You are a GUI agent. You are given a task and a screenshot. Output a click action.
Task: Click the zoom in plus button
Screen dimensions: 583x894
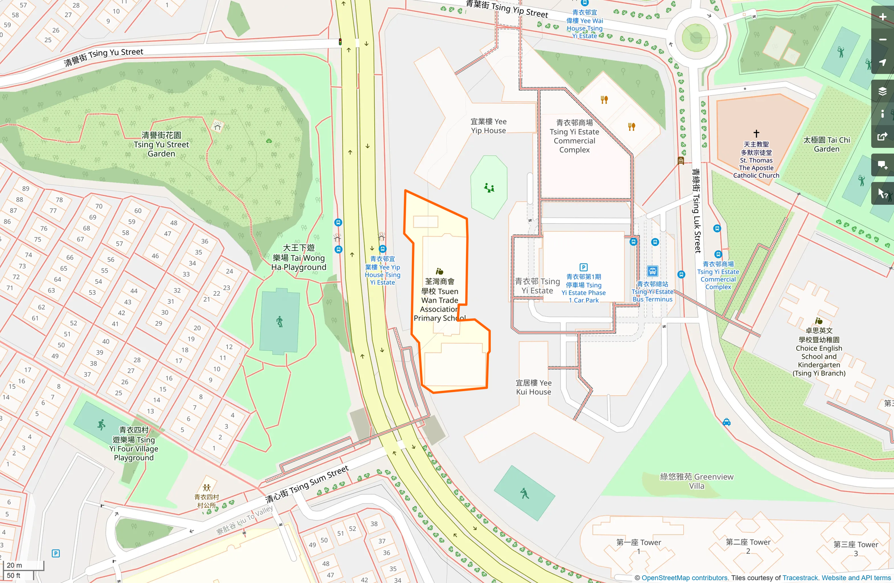point(883,17)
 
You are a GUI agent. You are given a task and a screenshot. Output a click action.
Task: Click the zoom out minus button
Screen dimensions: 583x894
point(883,40)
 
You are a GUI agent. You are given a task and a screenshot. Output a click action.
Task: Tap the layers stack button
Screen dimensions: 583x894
point(883,91)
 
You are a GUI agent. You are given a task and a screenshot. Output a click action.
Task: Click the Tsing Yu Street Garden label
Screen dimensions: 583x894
point(161,145)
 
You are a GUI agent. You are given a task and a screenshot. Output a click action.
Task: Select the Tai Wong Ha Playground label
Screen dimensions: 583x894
point(299,258)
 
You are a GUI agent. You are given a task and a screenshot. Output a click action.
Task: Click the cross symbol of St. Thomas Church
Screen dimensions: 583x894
point(756,134)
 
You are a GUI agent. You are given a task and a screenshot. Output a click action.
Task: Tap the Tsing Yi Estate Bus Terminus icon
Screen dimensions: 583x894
point(652,271)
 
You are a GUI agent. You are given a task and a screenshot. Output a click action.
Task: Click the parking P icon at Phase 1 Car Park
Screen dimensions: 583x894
point(584,267)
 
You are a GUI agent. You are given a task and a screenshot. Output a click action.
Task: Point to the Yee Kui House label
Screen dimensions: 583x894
point(533,387)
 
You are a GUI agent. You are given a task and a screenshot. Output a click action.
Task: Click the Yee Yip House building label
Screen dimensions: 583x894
point(488,126)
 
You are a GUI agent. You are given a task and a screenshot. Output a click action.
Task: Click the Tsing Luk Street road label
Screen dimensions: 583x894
point(697,210)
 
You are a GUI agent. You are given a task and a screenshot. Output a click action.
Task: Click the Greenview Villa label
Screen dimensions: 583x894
point(697,481)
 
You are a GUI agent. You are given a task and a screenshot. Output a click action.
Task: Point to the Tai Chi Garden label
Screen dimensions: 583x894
point(827,145)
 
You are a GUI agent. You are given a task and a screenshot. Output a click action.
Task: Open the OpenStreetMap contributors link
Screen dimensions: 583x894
point(684,578)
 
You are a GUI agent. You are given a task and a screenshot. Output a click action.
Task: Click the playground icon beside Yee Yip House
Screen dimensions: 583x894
point(489,188)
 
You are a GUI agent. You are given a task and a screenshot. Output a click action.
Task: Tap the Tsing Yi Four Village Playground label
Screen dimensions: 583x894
point(134,444)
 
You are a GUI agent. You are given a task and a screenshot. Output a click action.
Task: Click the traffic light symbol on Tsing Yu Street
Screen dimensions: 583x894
point(340,42)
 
